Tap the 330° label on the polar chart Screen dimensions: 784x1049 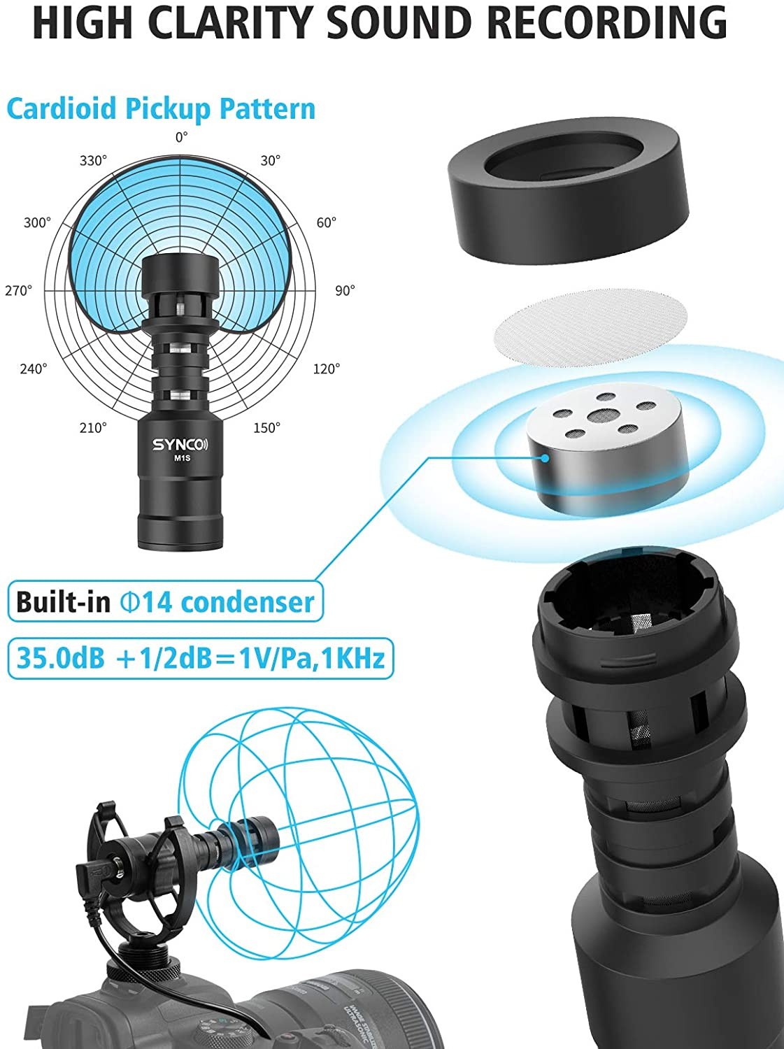(93, 161)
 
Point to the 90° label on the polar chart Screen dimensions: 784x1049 (345, 290)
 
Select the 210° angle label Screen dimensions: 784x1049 (93, 427)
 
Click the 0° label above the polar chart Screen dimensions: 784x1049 (182, 138)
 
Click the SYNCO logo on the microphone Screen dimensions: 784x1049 (180, 445)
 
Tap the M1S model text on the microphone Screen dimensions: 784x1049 (182, 458)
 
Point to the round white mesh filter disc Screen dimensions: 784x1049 (591, 328)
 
